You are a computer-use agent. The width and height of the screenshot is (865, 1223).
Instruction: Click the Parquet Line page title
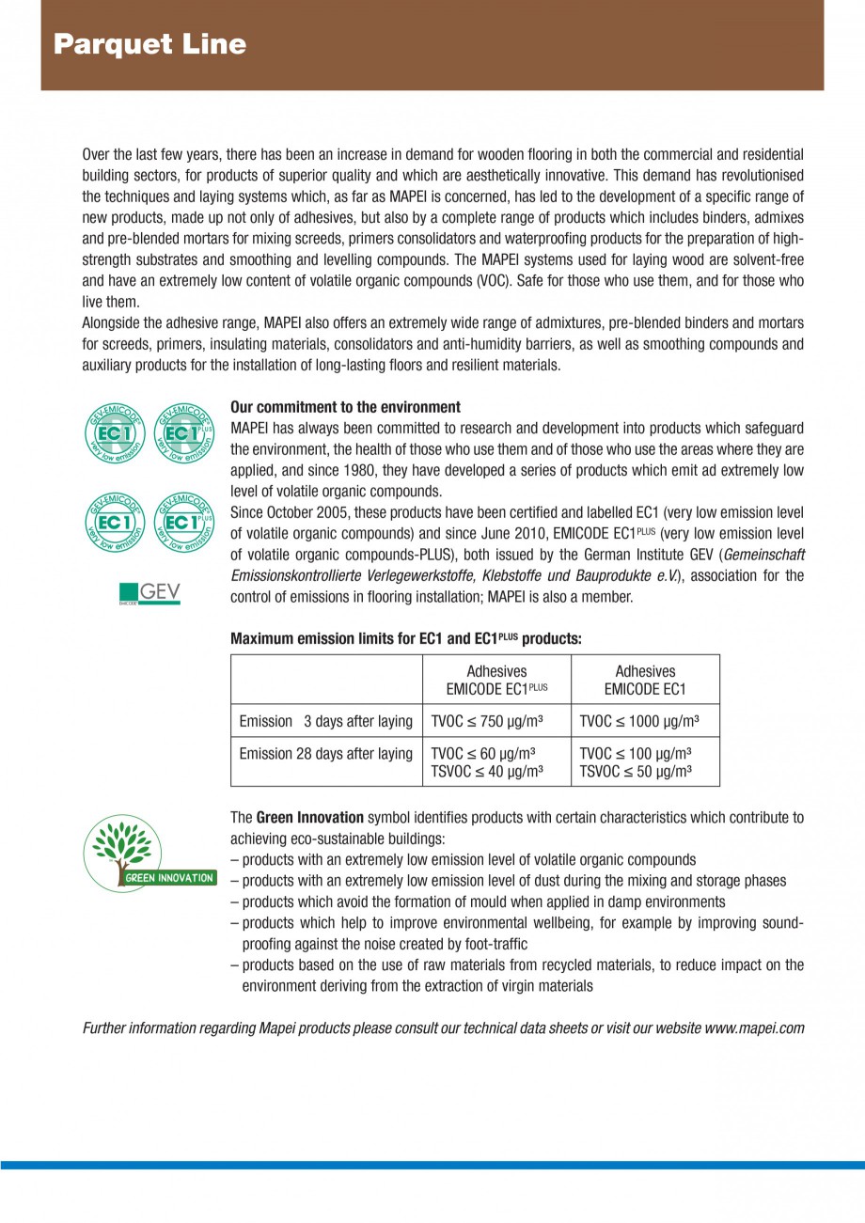(149, 44)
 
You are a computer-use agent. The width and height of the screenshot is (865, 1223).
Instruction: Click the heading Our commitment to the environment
(345, 407)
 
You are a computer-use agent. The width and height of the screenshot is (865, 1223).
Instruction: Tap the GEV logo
(150, 593)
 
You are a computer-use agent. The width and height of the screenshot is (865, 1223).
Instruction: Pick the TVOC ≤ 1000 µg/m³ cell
(638, 721)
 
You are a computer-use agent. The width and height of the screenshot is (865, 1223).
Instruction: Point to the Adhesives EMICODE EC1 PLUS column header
(495, 680)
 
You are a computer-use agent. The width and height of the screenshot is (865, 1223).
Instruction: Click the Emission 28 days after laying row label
(325, 754)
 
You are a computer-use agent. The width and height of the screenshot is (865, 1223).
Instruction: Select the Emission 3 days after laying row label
(325, 721)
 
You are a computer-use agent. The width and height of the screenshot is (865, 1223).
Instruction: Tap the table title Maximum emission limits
(405, 638)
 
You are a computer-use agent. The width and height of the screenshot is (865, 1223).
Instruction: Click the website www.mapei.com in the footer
(754, 1027)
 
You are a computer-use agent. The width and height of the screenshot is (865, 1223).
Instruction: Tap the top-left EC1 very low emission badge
(115, 433)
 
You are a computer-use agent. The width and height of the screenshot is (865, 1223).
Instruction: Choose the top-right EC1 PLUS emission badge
(182, 433)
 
